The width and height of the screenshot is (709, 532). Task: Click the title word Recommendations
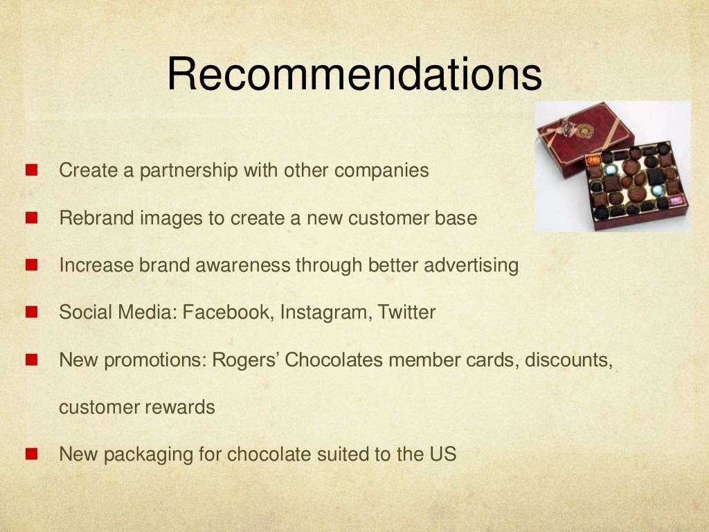[x=354, y=74]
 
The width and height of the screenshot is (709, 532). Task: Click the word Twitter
[x=406, y=312]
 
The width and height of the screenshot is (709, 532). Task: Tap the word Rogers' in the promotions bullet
[x=245, y=360]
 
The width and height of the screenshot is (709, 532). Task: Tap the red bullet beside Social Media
[x=31, y=313]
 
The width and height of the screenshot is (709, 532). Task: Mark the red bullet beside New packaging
[x=31, y=455]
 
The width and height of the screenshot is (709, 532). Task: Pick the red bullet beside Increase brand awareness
[x=31, y=265]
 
